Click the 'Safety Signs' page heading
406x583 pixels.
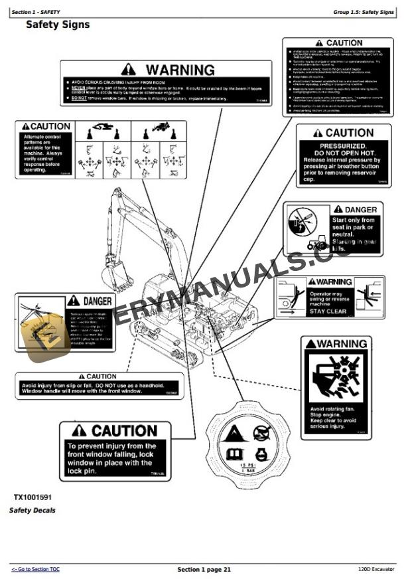coord(58,25)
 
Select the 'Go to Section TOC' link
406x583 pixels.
coord(36,570)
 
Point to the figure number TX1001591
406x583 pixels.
coord(33,497)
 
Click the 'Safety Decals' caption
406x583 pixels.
coord(33,511)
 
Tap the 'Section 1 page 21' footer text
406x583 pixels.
coord(204,570)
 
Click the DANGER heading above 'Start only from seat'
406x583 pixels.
coord(356,210)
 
